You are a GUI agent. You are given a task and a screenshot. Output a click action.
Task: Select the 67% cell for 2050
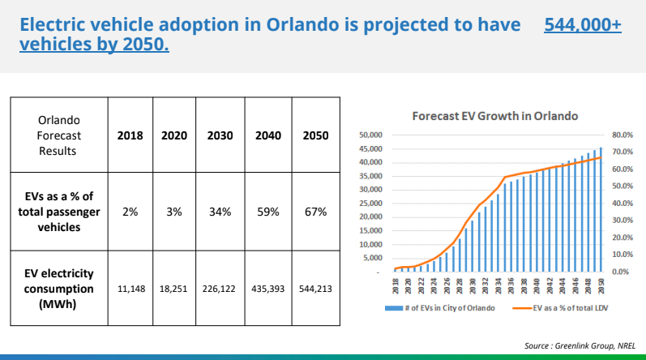315,212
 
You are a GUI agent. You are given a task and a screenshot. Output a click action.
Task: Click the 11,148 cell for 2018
130,289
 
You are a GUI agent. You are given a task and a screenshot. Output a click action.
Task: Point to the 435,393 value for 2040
268,289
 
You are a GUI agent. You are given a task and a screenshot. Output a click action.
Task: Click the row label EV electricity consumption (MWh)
58,289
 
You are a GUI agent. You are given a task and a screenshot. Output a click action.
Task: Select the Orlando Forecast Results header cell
58,135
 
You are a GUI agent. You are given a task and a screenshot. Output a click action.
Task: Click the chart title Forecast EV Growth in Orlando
494,116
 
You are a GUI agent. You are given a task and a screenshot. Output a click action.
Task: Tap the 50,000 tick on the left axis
370,135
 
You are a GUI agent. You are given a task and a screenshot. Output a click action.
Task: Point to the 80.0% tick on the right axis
622,135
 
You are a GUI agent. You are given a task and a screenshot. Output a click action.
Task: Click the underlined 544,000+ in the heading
583,25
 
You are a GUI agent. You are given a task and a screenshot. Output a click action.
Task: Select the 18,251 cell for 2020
173,289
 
